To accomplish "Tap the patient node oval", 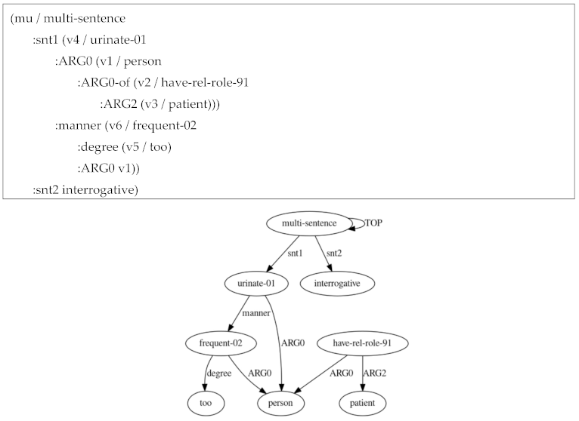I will (x=362, y=404).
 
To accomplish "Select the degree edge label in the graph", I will (x=218, y=373).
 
